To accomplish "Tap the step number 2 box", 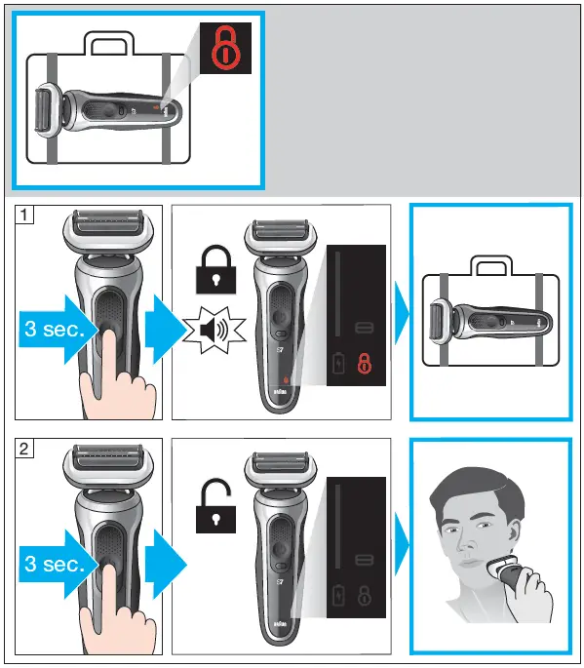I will point(24,450).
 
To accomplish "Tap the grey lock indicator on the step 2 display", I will point(366,596).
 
